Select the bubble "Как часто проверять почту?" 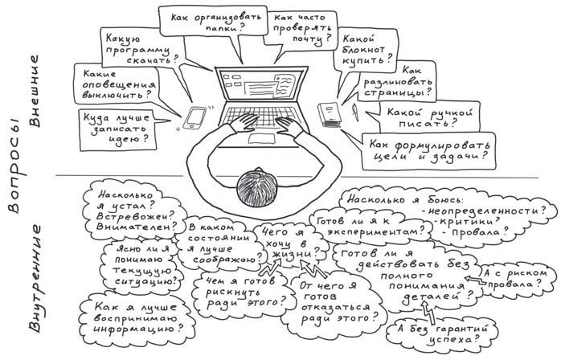(x=301, y=26)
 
